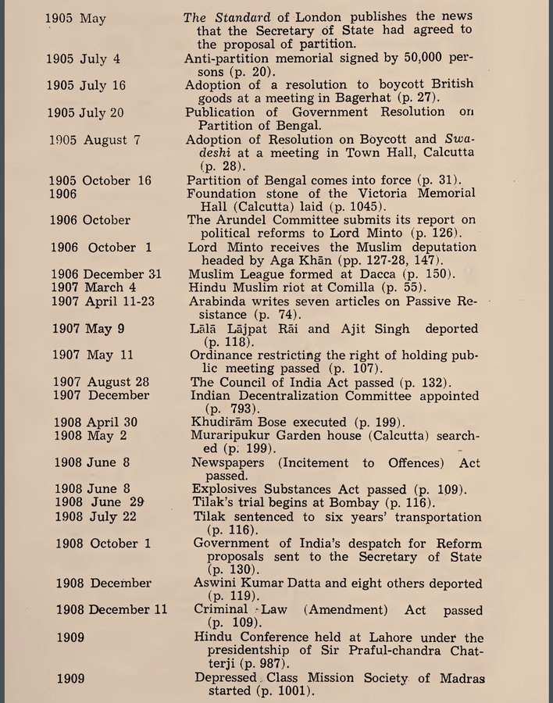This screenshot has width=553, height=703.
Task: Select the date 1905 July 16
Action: [x=85, y=85]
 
